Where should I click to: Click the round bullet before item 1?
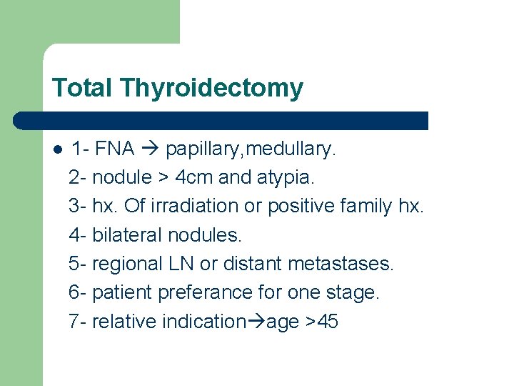click(x=57, y=149)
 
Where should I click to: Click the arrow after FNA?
click(x=150, y=149)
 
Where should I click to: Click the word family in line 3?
click(x=361, y=206)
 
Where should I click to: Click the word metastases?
click(x=341, y=264)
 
